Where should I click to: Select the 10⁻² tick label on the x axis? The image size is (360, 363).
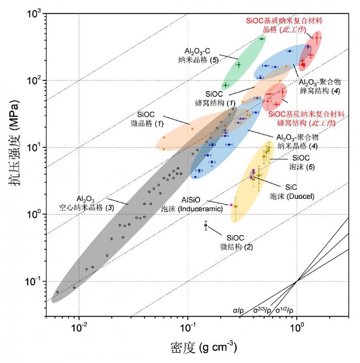click(x=79, y=328)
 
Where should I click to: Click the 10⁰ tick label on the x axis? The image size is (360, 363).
click(x=297, y=328)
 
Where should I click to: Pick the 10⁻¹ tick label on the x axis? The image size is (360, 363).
click(x=188, y=328)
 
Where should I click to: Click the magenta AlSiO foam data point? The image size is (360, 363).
click(x=231, y=205)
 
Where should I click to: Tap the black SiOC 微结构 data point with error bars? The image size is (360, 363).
click(x=206, y=225)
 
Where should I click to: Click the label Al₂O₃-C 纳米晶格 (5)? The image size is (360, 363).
click(x=202, y=56)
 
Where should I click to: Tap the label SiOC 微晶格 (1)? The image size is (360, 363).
click(x=151, y=118)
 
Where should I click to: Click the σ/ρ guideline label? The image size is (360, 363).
click(x=238, y=310)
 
